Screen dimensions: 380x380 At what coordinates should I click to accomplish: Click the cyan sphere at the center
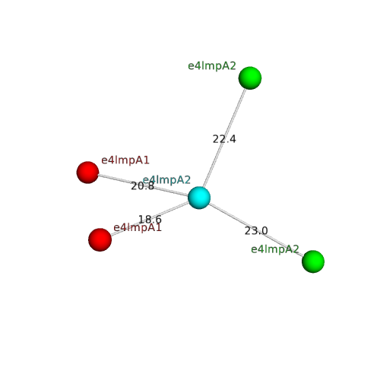(199, 198)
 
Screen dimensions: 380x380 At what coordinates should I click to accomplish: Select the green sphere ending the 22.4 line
(250, 78)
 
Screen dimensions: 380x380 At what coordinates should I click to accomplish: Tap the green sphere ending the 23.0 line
(313, 261)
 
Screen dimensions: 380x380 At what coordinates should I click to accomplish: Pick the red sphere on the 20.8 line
(87, 173)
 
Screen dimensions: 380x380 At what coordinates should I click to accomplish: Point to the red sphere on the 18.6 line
(100, 239)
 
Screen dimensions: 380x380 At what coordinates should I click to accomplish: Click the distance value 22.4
(224, 139)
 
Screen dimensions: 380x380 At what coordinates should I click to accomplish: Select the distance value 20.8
(142, 186)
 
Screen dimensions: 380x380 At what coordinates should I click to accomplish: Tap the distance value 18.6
(150, 219)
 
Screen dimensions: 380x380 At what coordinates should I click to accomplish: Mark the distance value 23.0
(256, 231)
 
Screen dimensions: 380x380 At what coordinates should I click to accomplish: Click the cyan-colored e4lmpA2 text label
(166, 180)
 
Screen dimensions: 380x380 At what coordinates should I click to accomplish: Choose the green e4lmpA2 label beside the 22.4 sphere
(212, 66)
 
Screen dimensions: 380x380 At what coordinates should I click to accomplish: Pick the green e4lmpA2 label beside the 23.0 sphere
(275, 249)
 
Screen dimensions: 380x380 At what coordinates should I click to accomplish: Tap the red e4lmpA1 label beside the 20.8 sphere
(125, 160)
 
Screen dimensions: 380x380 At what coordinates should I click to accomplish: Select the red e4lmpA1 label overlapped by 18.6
(138, 227)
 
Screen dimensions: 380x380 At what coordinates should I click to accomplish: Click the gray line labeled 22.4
(224, 138)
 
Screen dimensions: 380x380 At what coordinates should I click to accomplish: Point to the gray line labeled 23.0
(256, 230)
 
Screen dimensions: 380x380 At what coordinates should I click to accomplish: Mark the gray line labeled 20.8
(144, 185)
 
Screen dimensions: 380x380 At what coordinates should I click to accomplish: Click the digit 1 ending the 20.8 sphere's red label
(146, 160)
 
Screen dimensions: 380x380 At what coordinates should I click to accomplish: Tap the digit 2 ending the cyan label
(187, 180)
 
